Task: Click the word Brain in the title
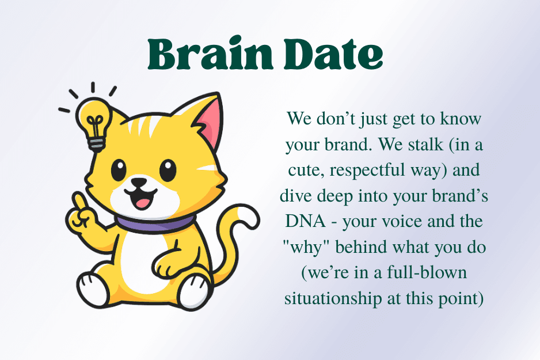pos(211,54)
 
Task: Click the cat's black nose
pos(139,182)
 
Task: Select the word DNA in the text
pos(306,221)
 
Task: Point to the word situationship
pos(333,299)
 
